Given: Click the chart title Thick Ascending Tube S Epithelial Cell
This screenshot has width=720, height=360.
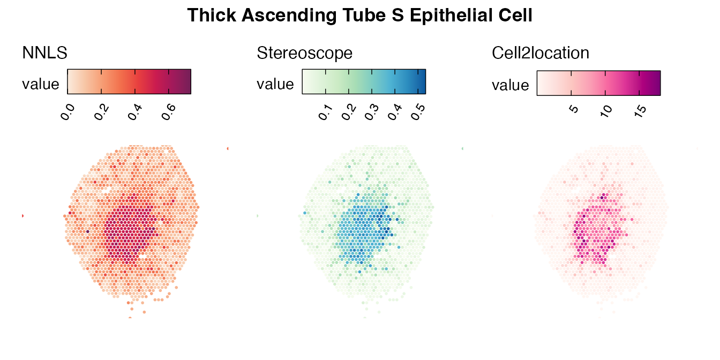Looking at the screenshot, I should (360, 16).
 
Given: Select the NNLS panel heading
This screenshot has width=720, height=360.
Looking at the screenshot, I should (44, 52).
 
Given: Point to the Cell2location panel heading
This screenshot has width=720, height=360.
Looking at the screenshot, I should (541, 52).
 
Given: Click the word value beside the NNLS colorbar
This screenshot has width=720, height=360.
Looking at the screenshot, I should (41, 84).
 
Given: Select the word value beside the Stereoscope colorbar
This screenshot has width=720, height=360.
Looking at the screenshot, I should (275, 84).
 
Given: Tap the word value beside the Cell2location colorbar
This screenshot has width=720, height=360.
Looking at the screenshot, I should (511, 85).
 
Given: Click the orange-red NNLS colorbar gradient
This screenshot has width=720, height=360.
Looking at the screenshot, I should (129, 81).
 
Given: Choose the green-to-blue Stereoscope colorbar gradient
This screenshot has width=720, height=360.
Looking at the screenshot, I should (364, 81).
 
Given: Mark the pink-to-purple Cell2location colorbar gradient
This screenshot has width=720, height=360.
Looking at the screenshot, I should (598, 82).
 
